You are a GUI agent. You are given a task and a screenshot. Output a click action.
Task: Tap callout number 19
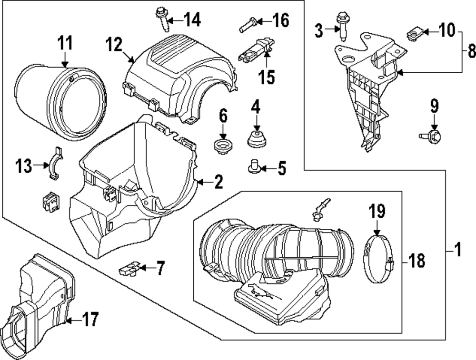click(x=377, y=211)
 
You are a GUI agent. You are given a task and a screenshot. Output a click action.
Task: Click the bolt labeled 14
click(x=160, y=18)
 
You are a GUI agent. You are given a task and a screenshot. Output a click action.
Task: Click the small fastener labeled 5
click(x=253, y=166)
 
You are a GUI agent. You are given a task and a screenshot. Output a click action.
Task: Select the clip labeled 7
click(x=129, y=269)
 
